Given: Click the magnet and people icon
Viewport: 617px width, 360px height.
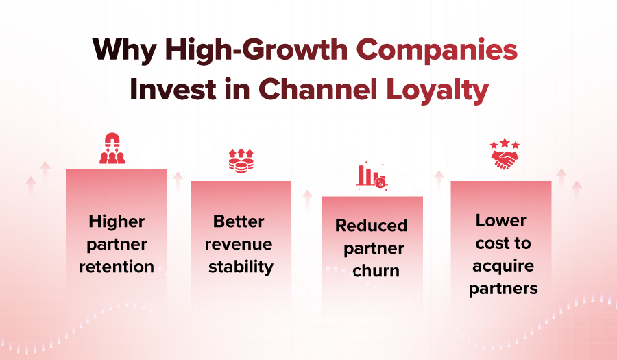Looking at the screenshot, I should (x=112, y=149).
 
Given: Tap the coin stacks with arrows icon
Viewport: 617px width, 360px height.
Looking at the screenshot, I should (x=241, y=160).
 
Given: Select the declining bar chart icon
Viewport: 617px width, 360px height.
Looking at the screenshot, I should (x=372, y=176).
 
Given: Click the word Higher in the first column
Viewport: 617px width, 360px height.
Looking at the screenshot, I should (x=117, y=222).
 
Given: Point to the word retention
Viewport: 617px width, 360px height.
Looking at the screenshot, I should (x=116, y=266).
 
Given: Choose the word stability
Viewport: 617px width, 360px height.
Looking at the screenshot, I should (x=240, y=266).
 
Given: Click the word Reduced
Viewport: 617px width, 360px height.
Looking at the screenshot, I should (x=371, y=226).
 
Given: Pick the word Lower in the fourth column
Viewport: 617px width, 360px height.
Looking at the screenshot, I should (x=501, y=221).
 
